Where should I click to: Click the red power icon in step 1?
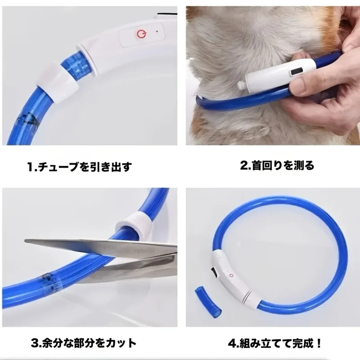(141, 35)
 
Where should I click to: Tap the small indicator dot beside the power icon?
(157, 31)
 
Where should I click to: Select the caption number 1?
(31, 167)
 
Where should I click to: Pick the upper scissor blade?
(101, 247)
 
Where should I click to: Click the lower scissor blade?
(129, 266)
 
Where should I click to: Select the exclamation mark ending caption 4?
(318, 343)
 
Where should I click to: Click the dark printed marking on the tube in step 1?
(27, 119)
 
